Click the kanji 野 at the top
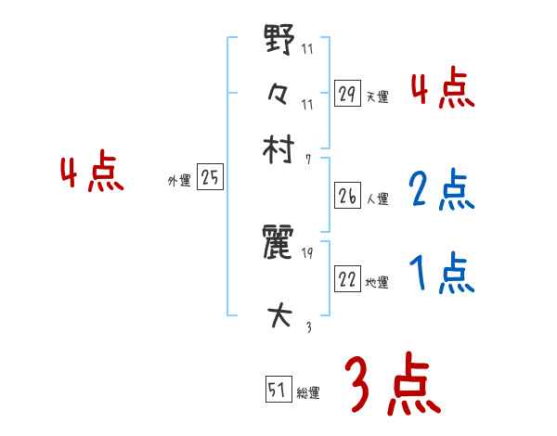(279, 43)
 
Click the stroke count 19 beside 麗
(307, 252)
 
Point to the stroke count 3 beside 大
(307, 325)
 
